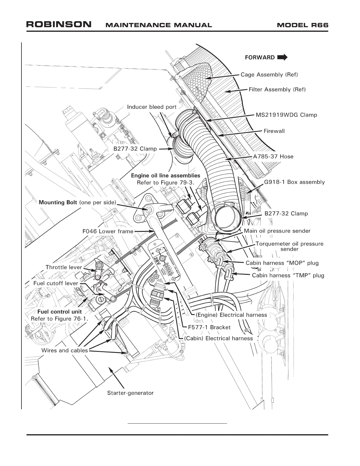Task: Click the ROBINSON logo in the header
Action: [x=59, y=24]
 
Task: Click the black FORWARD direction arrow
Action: [x=282, y=57]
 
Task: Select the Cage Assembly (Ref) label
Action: [x=269, y=75]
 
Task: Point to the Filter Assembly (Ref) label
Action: [x=277, y=89]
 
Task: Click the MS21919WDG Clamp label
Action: [x=286, y=115]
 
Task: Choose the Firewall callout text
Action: [x=274, y=131]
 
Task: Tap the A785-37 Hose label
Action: [x=273, y=157]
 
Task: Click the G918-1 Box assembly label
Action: [x=294, y=182]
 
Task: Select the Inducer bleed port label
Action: [x=151, y=107]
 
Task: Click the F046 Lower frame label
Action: [x=108, y=232]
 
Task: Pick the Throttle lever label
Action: [x=64, y=267]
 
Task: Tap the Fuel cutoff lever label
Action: [x=56, y=283]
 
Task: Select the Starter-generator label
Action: [x=130, y=393]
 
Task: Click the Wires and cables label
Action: [x=64, y=350]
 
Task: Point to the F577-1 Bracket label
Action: [x=209, y=327]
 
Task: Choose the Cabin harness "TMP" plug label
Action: [x=288, y=276]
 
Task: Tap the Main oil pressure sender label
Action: [x=277, y=231]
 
